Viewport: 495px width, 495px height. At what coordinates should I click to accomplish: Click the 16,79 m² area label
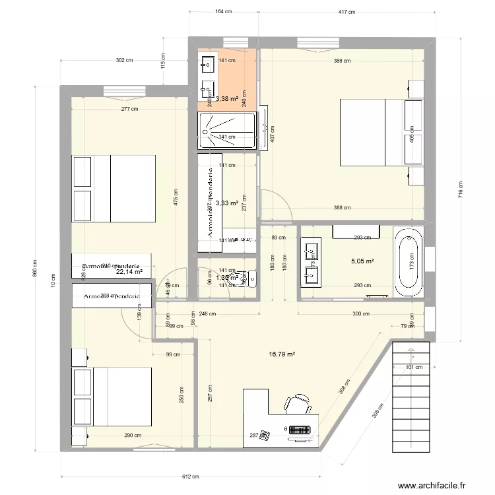pos(281,354)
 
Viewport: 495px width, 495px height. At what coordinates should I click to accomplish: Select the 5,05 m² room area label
pos(362,261)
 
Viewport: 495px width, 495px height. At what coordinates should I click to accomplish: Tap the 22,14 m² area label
pos(129,271)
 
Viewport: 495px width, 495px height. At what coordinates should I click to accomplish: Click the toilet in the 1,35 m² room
pos(248,280)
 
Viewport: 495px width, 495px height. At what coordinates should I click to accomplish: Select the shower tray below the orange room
pos(227,130)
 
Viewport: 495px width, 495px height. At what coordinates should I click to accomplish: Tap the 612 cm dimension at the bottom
pos(191,477)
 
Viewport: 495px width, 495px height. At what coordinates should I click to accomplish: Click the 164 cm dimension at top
pos(223,12)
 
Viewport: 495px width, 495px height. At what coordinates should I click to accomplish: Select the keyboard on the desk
pos(300,430)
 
